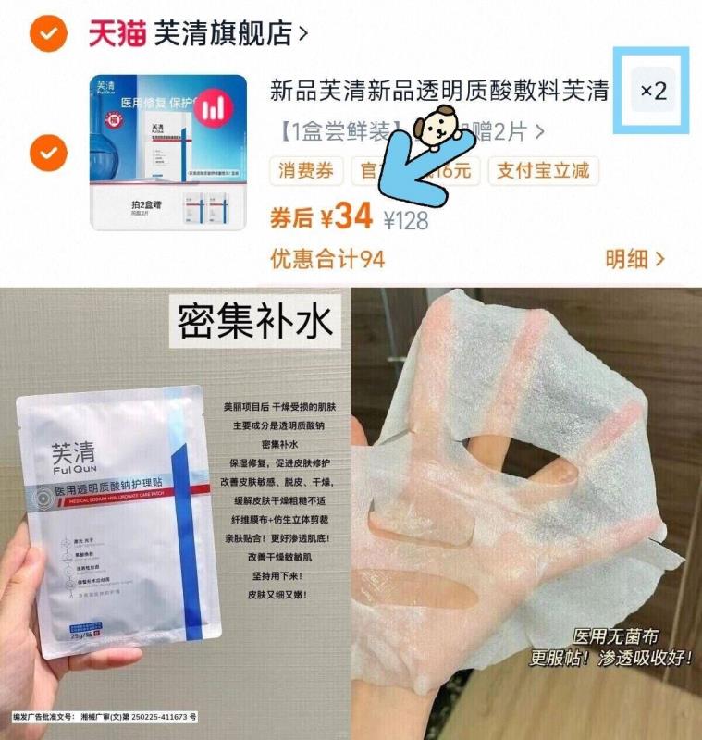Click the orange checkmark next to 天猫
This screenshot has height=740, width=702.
pyautogui.click(x=47, y=34)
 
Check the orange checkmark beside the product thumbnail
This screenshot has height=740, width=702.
pyautogui.click(x=47, y=151)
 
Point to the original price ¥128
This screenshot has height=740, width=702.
pyautogui.click(x=405, y=220)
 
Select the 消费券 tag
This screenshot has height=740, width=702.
pyautogui.click(x=306, y=171)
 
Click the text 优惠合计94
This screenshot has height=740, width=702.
pyautogui.click(x=326, y=259)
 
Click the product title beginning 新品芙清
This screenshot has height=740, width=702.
pyautogui.click(x=438, y=92)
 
